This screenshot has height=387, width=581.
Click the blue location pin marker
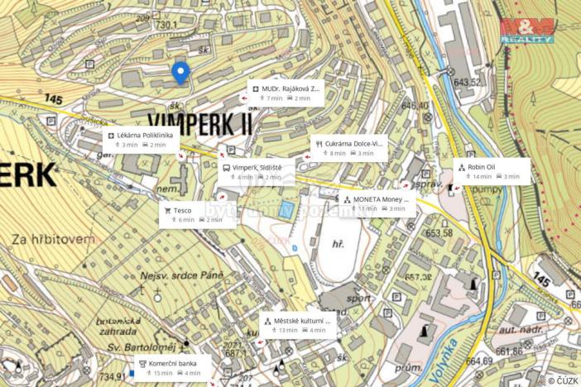[x=180, y=73]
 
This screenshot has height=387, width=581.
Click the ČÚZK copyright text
[x=562, y=380]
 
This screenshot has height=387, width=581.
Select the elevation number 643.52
[x=467, y=81]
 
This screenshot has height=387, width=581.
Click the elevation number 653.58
[x=439, y=232]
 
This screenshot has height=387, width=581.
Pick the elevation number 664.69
[x=478, y=360]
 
